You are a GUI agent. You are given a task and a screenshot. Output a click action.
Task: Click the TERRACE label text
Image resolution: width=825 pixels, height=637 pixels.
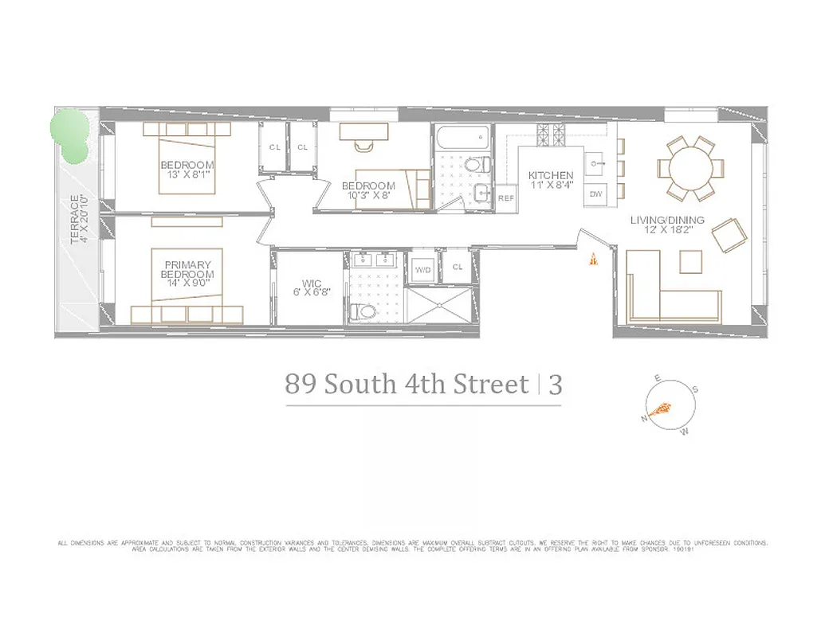click(77, 219)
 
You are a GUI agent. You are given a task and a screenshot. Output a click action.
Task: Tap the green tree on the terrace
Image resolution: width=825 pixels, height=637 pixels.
click(70, 135)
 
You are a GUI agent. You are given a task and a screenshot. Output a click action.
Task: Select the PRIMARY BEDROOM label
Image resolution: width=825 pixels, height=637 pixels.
click(188, 270)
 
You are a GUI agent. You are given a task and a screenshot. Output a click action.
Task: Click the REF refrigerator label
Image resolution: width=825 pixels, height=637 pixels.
click(505, 198)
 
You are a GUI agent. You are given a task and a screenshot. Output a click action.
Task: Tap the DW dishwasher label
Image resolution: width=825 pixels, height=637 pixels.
click(595, 194)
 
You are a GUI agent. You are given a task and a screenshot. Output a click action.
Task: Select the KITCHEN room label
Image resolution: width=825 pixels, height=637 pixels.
click(551, 176)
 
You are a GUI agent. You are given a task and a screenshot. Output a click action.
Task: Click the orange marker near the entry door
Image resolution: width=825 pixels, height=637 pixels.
click(592, 260)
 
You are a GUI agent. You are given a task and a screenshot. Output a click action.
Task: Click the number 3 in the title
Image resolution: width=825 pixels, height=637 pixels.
click(555, 385)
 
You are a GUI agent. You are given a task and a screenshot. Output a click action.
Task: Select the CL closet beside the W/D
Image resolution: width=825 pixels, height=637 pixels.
click(458, 268)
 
